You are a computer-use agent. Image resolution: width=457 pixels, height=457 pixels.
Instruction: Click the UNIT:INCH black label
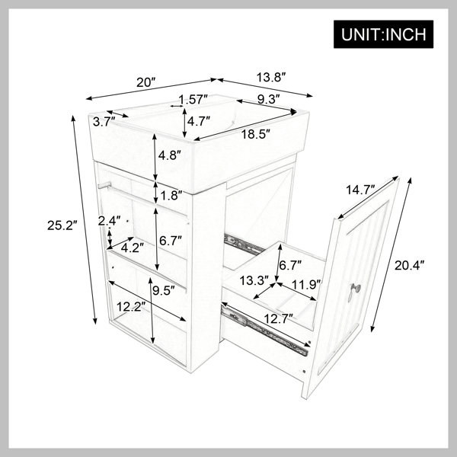(x=383, y=34)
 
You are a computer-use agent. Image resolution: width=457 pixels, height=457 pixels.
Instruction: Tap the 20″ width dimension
(x=146, y=82)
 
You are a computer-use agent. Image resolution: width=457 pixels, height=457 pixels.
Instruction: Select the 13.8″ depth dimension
(x=270, y=78)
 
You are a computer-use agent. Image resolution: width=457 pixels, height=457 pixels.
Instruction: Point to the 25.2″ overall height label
(x=62, y=225)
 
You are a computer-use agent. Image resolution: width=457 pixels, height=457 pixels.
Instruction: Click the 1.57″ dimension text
(x=193, y=99)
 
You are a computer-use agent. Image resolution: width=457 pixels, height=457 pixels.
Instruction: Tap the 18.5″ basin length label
(x=256, y=134)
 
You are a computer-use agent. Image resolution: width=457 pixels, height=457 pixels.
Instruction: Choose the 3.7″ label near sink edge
(x=104, y=122)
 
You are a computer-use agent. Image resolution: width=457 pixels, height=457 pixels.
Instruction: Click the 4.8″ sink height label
(x=170, y=155)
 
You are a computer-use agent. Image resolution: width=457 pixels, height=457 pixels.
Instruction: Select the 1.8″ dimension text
(x=171, y=196)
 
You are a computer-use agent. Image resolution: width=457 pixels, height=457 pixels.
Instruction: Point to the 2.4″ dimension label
(x=109, y=221)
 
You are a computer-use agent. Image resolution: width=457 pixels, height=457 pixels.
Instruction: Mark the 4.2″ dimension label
(x=133, y=248)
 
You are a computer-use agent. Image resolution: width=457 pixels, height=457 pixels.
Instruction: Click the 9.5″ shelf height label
(x=163, y=290)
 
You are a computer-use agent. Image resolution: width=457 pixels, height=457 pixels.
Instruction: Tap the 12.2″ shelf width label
(x=131, y=307)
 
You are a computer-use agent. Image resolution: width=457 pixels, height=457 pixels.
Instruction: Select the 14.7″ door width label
(x=360, y=190)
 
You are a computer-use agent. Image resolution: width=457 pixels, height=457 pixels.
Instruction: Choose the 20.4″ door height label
(x=410, y=265)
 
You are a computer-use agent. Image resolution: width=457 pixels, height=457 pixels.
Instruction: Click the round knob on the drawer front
(x=356, y=288)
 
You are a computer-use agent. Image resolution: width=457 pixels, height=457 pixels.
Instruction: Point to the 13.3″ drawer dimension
(x=254, y=281)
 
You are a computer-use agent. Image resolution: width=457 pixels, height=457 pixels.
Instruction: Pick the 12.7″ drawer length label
(x=278, y=318)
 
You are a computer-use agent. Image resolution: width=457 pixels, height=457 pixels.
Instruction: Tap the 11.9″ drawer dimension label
(x=306, y=284)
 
